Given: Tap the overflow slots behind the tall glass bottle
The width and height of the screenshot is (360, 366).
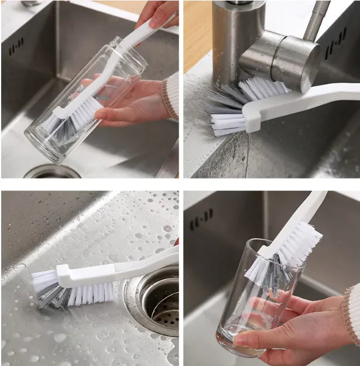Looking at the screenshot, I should [x=16, y=47].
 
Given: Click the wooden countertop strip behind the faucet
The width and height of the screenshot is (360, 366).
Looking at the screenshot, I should [x=197, y=35].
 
